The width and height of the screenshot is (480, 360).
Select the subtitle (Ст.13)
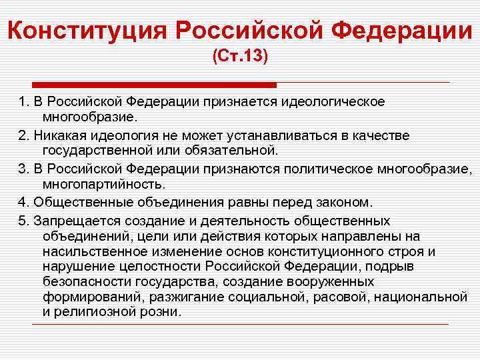pos(240,58)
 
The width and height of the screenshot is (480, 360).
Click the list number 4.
pos(21,201)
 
